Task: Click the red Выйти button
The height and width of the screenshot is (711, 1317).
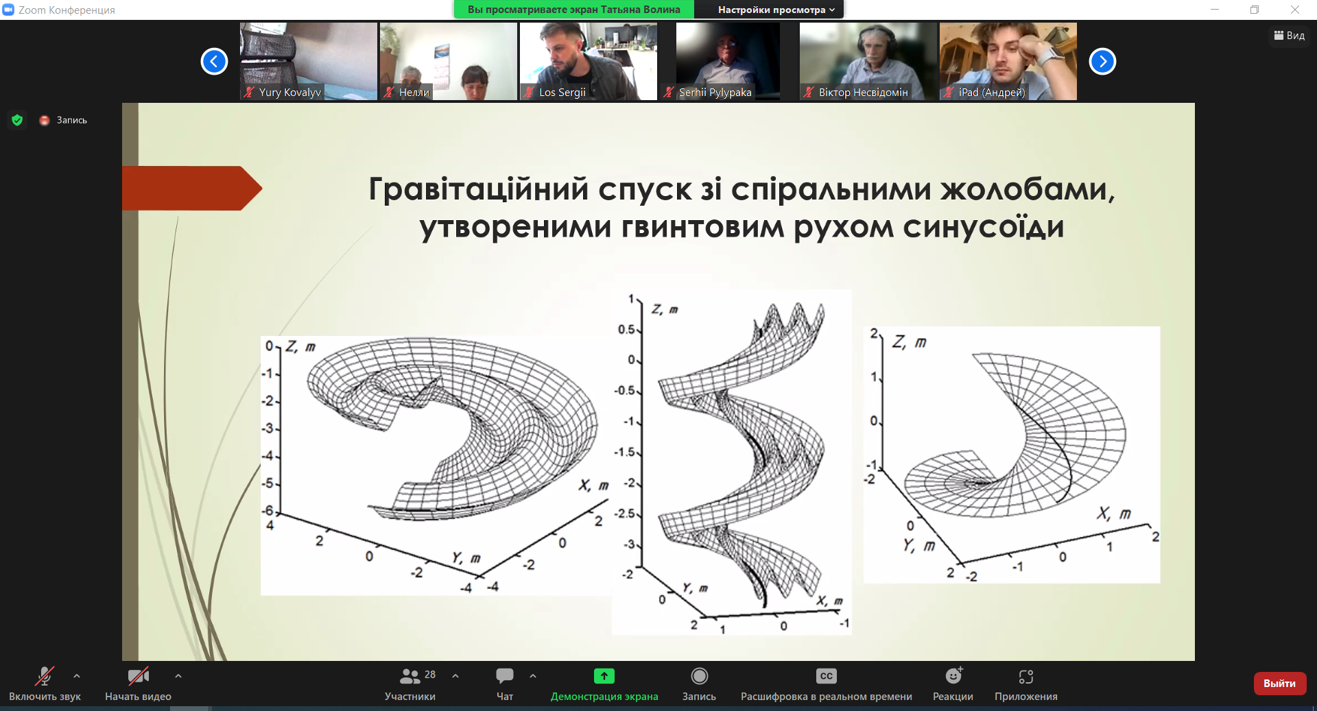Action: [x=1279, y=684]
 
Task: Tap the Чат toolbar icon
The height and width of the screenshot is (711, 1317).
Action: [x=505, y=676]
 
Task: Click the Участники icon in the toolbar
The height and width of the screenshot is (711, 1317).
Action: [x=410, y=676]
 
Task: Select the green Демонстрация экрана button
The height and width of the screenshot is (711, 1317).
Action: [x=604, y=676]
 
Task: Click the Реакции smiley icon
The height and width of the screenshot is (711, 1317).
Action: [x=953, y=676]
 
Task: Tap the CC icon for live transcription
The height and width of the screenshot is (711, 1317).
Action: [x=827, y=676]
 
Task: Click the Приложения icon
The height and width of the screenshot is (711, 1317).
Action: [x=1026, y=677]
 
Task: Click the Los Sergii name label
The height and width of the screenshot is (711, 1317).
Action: [x=562, y=93]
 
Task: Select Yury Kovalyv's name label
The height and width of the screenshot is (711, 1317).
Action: [x=289, y=93]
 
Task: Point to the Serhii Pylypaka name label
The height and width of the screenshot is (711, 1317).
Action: [x=715, y=93]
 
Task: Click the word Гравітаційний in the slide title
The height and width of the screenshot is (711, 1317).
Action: [x=479, y=189]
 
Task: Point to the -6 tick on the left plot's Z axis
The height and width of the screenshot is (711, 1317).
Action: [x=268, y=511]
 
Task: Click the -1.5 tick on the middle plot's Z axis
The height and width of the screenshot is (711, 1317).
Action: [x=625, y=453]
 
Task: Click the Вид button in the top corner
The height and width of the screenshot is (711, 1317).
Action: [x=1290, y=36]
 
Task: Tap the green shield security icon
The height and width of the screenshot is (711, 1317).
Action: [x=17, y=120]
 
